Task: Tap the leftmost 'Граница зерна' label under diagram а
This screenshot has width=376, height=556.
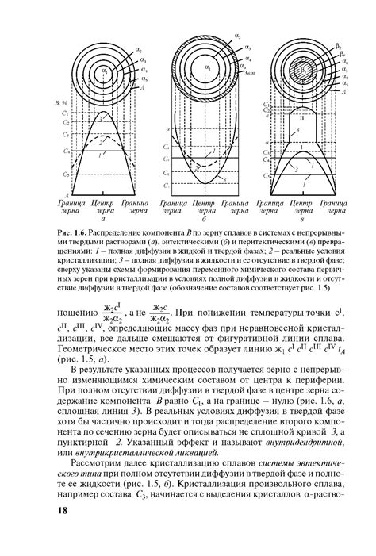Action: (x=61, y=208)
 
